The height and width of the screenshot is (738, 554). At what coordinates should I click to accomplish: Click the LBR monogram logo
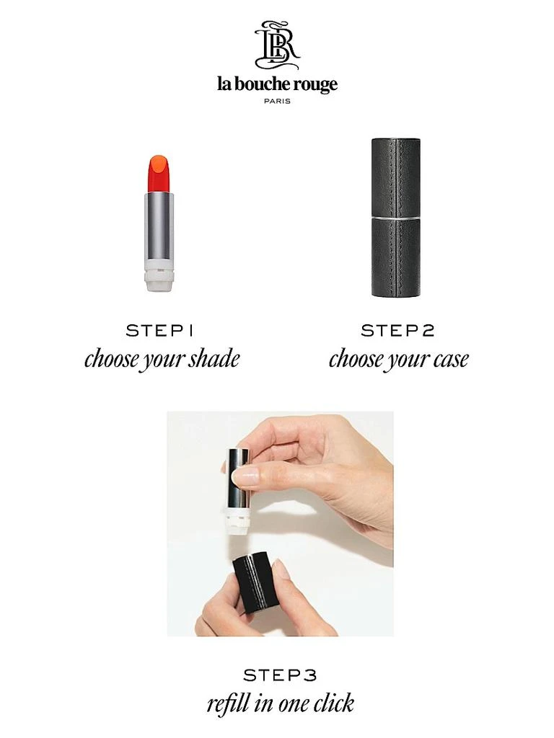pyautogui.click(x=277, y=45)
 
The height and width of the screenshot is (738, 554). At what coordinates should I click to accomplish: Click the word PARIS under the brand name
pyautogui.click(x=277, y=101)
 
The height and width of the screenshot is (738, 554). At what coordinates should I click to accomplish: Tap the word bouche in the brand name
pyautogui.click(x=264, y=84)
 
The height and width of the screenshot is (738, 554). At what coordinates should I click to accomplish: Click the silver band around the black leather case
pyautogui.click(x=396, y=216)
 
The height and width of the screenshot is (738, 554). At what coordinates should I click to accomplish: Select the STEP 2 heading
pyautogui.click(x=397, y=331)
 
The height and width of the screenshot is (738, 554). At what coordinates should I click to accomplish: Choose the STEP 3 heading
pyautogui.click(x=280, y=675)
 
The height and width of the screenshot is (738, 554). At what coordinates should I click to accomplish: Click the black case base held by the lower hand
pyautogui.click(x=258, y=584)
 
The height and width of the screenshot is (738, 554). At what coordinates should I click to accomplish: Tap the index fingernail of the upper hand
pyautogui.click(x=246, y=475)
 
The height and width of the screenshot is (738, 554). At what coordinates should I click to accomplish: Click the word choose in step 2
pyautogui.click(x=356, y=359)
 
